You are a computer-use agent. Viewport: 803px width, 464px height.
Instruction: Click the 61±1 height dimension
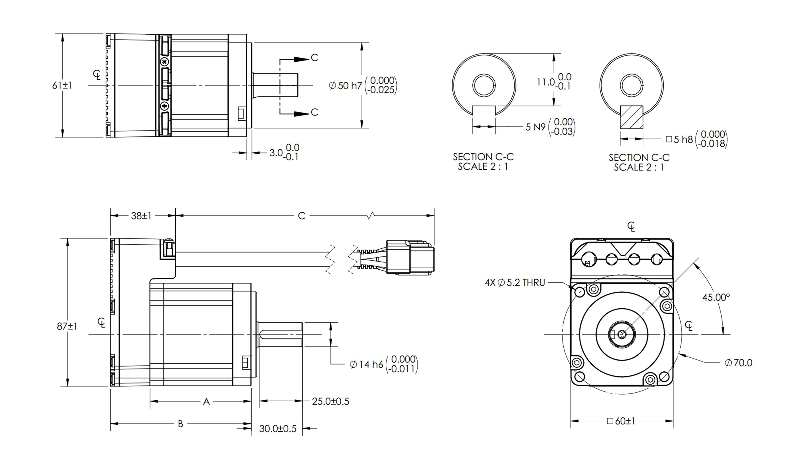(x=62, y=85)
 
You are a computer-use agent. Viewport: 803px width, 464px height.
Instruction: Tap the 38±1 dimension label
(x=141, y=216)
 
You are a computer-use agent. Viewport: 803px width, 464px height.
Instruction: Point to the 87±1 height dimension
(x=67, y=326)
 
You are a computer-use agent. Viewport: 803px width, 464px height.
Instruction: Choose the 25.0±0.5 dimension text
(x=330, y=401)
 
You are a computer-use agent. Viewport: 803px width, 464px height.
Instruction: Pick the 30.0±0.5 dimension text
(x=278, y=429)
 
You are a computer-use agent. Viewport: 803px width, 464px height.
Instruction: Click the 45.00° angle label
(x=716, y=297)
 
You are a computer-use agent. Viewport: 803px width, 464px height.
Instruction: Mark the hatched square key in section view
(x=631, y=117)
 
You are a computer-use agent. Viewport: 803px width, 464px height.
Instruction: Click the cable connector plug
(x=410, y=257)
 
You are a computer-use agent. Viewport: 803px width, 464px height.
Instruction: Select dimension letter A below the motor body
(x=206, y=402)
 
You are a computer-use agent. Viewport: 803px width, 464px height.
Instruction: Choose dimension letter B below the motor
(x=180, y=424)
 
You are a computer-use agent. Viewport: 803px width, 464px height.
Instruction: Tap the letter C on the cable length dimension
(x=301, y=216)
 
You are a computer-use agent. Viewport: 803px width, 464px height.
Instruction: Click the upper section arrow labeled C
(x=314, y=58)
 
